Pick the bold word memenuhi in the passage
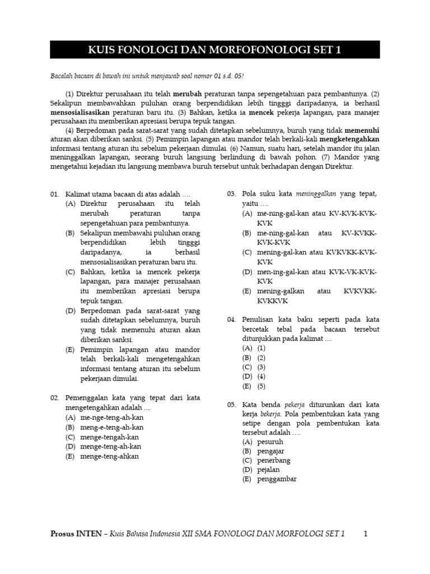click(362, 130)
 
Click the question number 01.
click(55, 194)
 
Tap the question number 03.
click(231, 194)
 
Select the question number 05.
click(231, 404)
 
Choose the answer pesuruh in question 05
click(269, 442)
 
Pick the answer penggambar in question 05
click(277, 479)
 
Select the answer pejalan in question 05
click(268, 470)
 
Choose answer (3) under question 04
click(261, 367)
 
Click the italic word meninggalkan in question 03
click(316, 194)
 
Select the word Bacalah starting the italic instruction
click(63, 77)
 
